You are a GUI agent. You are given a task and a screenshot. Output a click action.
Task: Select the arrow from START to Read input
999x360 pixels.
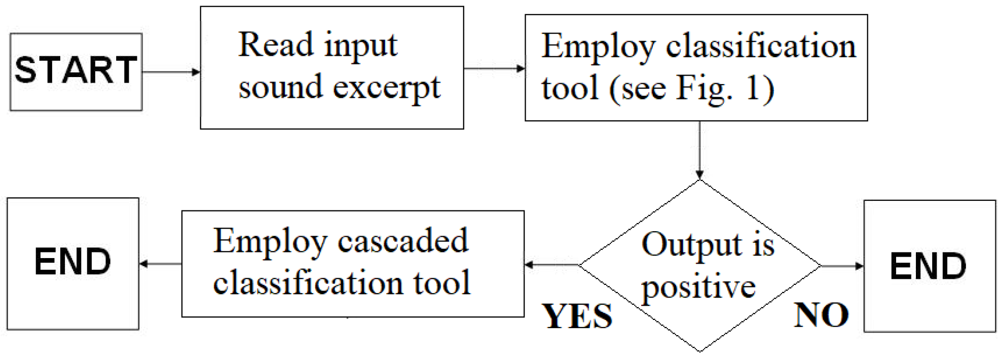[171, 72]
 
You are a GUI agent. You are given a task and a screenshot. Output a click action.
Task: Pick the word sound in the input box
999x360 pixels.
[280, 87]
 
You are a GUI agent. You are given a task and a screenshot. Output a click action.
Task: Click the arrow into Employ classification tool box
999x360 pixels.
[494, 68]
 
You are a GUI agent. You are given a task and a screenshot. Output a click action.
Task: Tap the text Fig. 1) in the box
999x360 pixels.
[725, 88]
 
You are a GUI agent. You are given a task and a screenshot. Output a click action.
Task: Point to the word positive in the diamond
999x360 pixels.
[698, 287]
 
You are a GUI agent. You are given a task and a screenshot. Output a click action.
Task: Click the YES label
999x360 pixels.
[577, 316]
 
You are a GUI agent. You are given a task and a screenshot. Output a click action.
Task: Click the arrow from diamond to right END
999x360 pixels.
[842, 266]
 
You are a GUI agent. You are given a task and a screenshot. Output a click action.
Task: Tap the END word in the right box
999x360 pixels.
[928, 266]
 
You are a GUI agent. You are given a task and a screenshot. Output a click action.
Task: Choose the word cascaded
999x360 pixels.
[403, 240]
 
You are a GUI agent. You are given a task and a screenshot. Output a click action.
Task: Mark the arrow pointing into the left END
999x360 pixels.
[160, 264]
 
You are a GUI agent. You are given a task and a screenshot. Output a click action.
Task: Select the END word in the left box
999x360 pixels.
[72, 262]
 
